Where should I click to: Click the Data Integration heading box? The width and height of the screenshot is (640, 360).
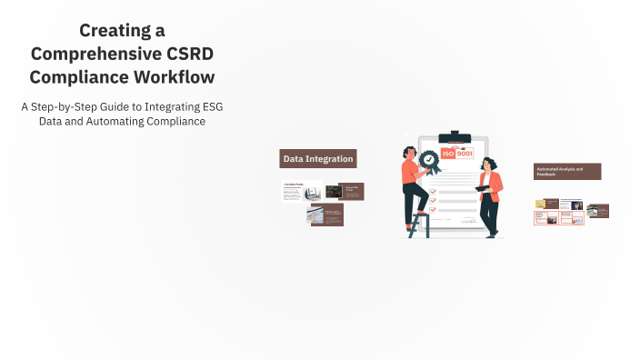pyautogui.click(x=317, y=159)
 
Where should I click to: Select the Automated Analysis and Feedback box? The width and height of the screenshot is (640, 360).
pyautogui.click(x=566, y=171)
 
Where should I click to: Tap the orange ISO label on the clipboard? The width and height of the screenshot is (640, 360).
pyautogui.click(x=447, y=154)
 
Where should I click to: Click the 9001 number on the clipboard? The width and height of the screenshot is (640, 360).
pyautogui.click(x=464, y=154)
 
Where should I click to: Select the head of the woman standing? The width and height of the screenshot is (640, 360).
pyautogui.click(x=487, y=164)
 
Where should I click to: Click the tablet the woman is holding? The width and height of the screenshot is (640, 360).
pyautogui.click(x=482, y=188)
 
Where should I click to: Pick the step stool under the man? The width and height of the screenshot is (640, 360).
pyautogui.click(x=419, y=225)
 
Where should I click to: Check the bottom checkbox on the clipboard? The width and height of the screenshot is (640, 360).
pyautogui.click(x=433, y=205)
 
